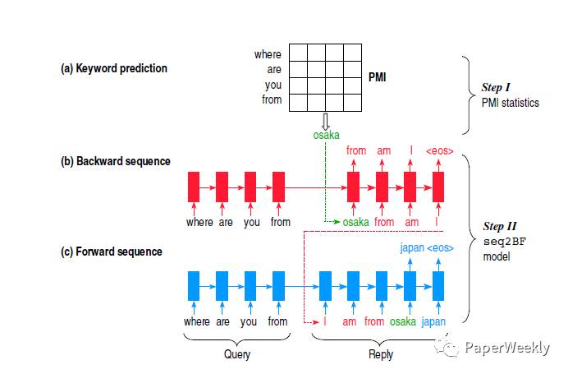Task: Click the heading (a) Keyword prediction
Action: pos(114,68)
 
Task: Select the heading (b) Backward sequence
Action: pos(115,161)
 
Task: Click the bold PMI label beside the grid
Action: pos(378,76)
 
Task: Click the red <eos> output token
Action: pos(439,151)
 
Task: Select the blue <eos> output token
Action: pos(440,247)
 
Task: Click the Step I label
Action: pos(497,88)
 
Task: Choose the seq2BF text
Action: pos(501,242)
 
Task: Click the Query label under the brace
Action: pos(238,354)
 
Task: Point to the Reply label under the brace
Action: pos(381,354)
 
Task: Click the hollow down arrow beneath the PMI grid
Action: pos(326,120)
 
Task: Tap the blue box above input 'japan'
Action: pos(437,285)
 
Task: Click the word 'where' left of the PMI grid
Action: pos(268,54)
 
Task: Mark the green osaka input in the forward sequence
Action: pos(403,321)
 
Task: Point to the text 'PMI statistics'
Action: pos(511,103)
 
